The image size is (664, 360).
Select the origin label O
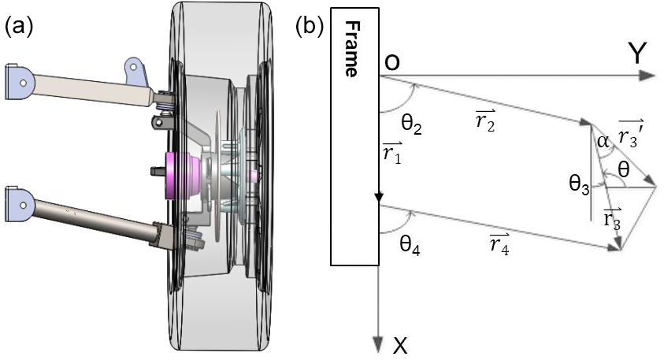(391, 62)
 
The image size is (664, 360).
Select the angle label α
(603, 142)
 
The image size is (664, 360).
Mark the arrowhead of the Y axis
(647, 76)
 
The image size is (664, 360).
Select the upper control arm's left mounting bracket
(20, 80)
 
